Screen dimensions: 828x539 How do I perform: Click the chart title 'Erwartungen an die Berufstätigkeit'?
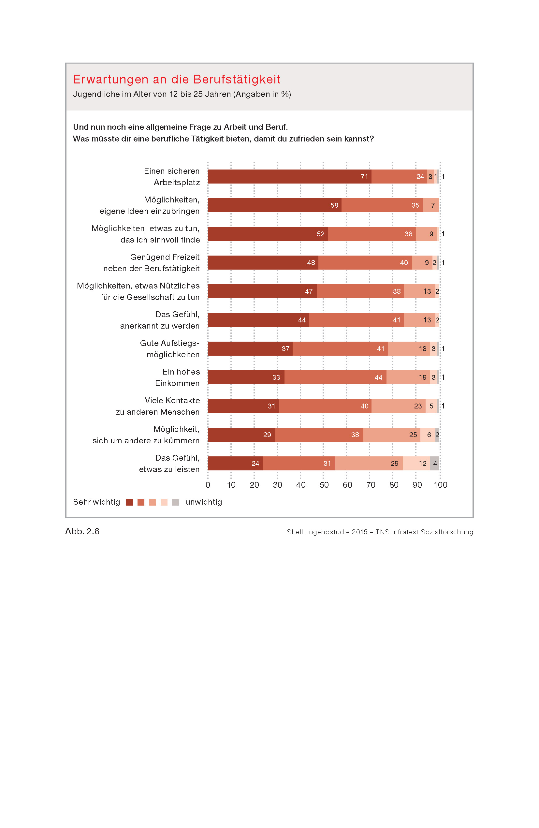coord(177,79)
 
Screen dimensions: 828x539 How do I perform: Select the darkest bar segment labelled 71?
coord(289,176)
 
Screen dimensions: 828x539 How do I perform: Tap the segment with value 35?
coord(382,205)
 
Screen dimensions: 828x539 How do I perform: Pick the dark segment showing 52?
coord(268,234)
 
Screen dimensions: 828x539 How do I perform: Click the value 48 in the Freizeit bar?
coord(311,263)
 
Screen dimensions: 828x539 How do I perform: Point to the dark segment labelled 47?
coord(263,291)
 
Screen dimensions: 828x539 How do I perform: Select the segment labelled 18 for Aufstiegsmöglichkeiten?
coord(409,348)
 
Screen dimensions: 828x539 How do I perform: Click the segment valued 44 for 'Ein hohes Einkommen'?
coord(335,377)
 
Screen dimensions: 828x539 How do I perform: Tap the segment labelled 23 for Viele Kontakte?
coord(398,406)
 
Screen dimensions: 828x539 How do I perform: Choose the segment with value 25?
coord(392,435)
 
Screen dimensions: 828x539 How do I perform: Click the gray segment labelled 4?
coord(434,464)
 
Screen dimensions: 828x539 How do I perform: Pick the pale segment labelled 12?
coord(416,464)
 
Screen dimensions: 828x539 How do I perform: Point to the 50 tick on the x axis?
coord(324,485)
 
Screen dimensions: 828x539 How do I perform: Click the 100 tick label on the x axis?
coord(440,485)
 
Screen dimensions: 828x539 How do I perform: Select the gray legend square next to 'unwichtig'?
coord(176,502)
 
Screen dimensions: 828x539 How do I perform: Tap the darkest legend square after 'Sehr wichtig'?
coord(129,502)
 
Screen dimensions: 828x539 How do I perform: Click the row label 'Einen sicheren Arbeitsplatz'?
coord(172,177)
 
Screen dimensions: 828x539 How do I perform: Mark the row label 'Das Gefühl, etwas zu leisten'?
coord(169,464)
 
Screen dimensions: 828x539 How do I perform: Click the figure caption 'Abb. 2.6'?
coord(82,531)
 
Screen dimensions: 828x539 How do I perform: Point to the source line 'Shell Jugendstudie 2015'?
coord(380,532)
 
